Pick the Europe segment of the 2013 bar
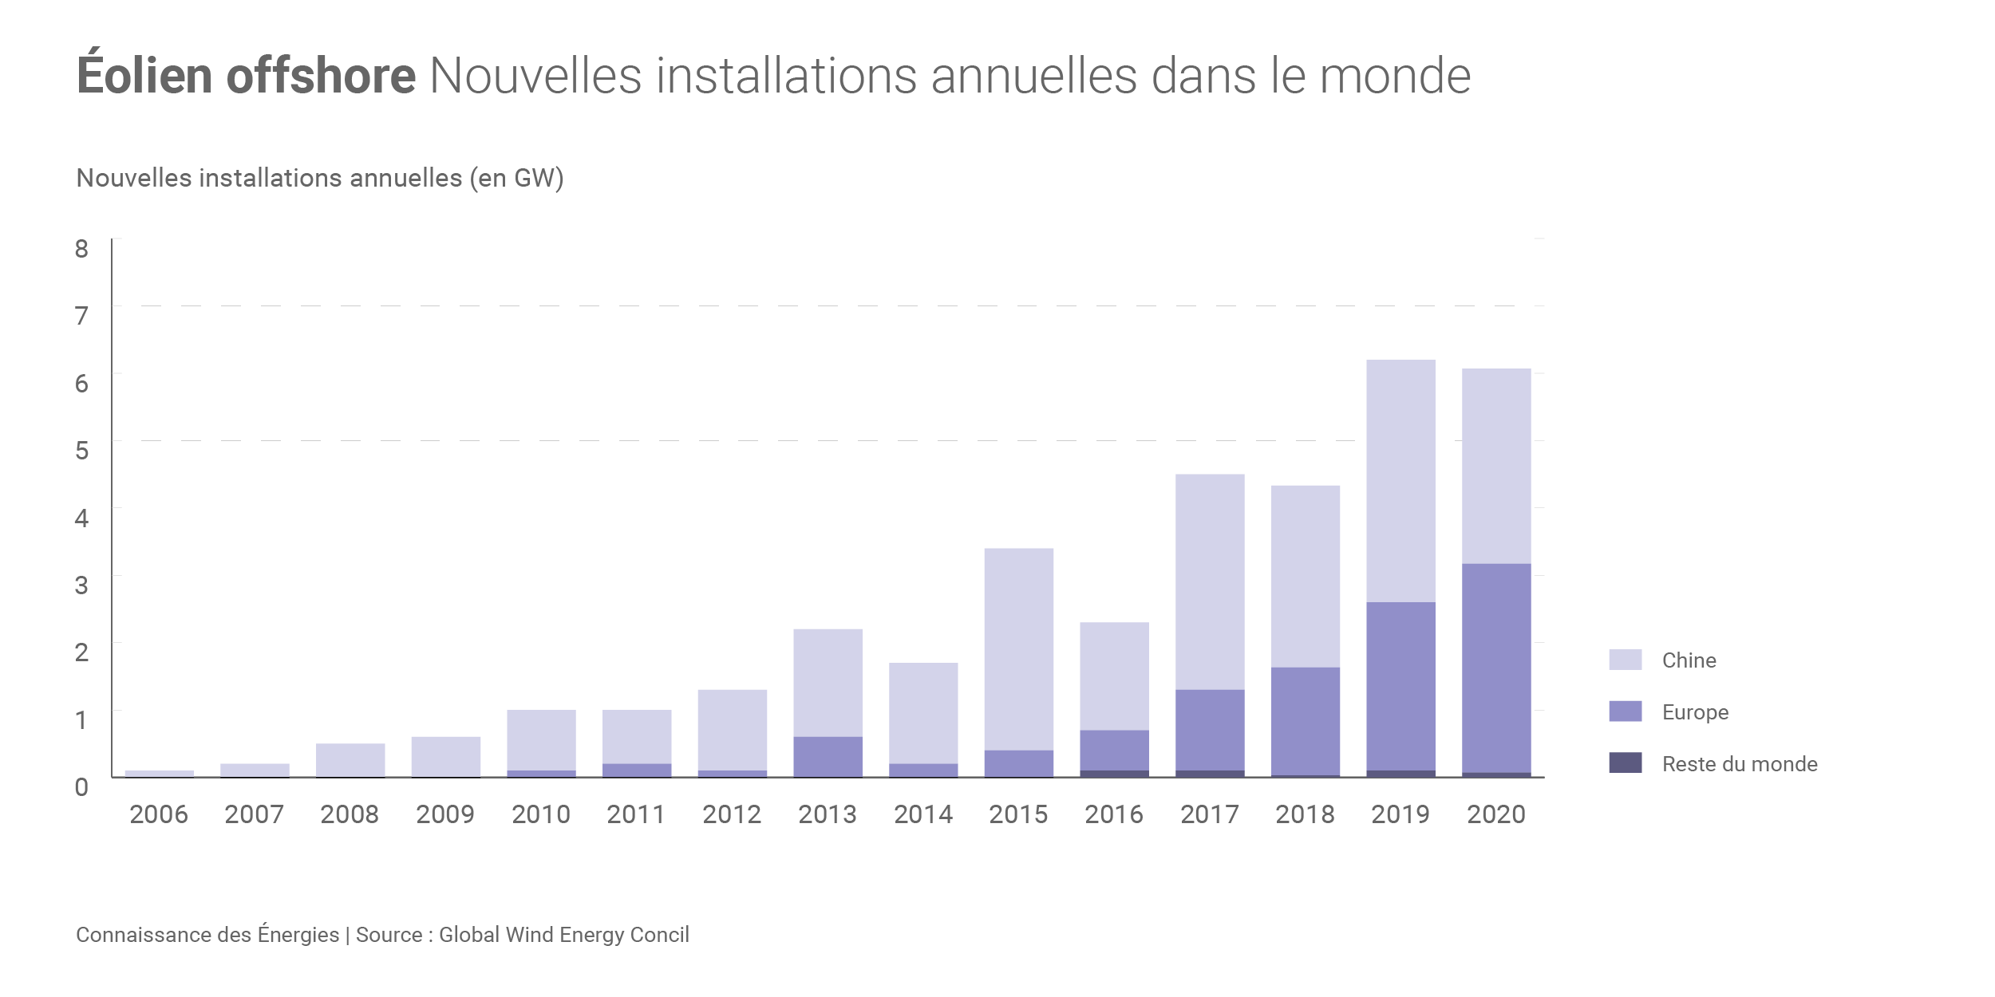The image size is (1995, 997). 828,756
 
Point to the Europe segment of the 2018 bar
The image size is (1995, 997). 1306,721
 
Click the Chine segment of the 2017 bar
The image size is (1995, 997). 1210,582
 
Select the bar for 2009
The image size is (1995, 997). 446,756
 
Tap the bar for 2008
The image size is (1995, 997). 350,760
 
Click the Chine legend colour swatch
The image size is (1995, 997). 1626,660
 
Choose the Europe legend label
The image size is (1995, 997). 1695,712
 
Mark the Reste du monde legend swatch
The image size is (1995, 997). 1626,763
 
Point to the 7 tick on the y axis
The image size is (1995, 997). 81,316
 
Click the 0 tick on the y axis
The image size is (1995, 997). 81,787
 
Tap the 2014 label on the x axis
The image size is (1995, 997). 923,814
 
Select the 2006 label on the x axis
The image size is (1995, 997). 159,814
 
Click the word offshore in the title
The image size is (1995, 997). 321,76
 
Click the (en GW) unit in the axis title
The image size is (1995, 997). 516,178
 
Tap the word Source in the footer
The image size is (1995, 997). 389,935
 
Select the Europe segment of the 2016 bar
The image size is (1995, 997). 1115,750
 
